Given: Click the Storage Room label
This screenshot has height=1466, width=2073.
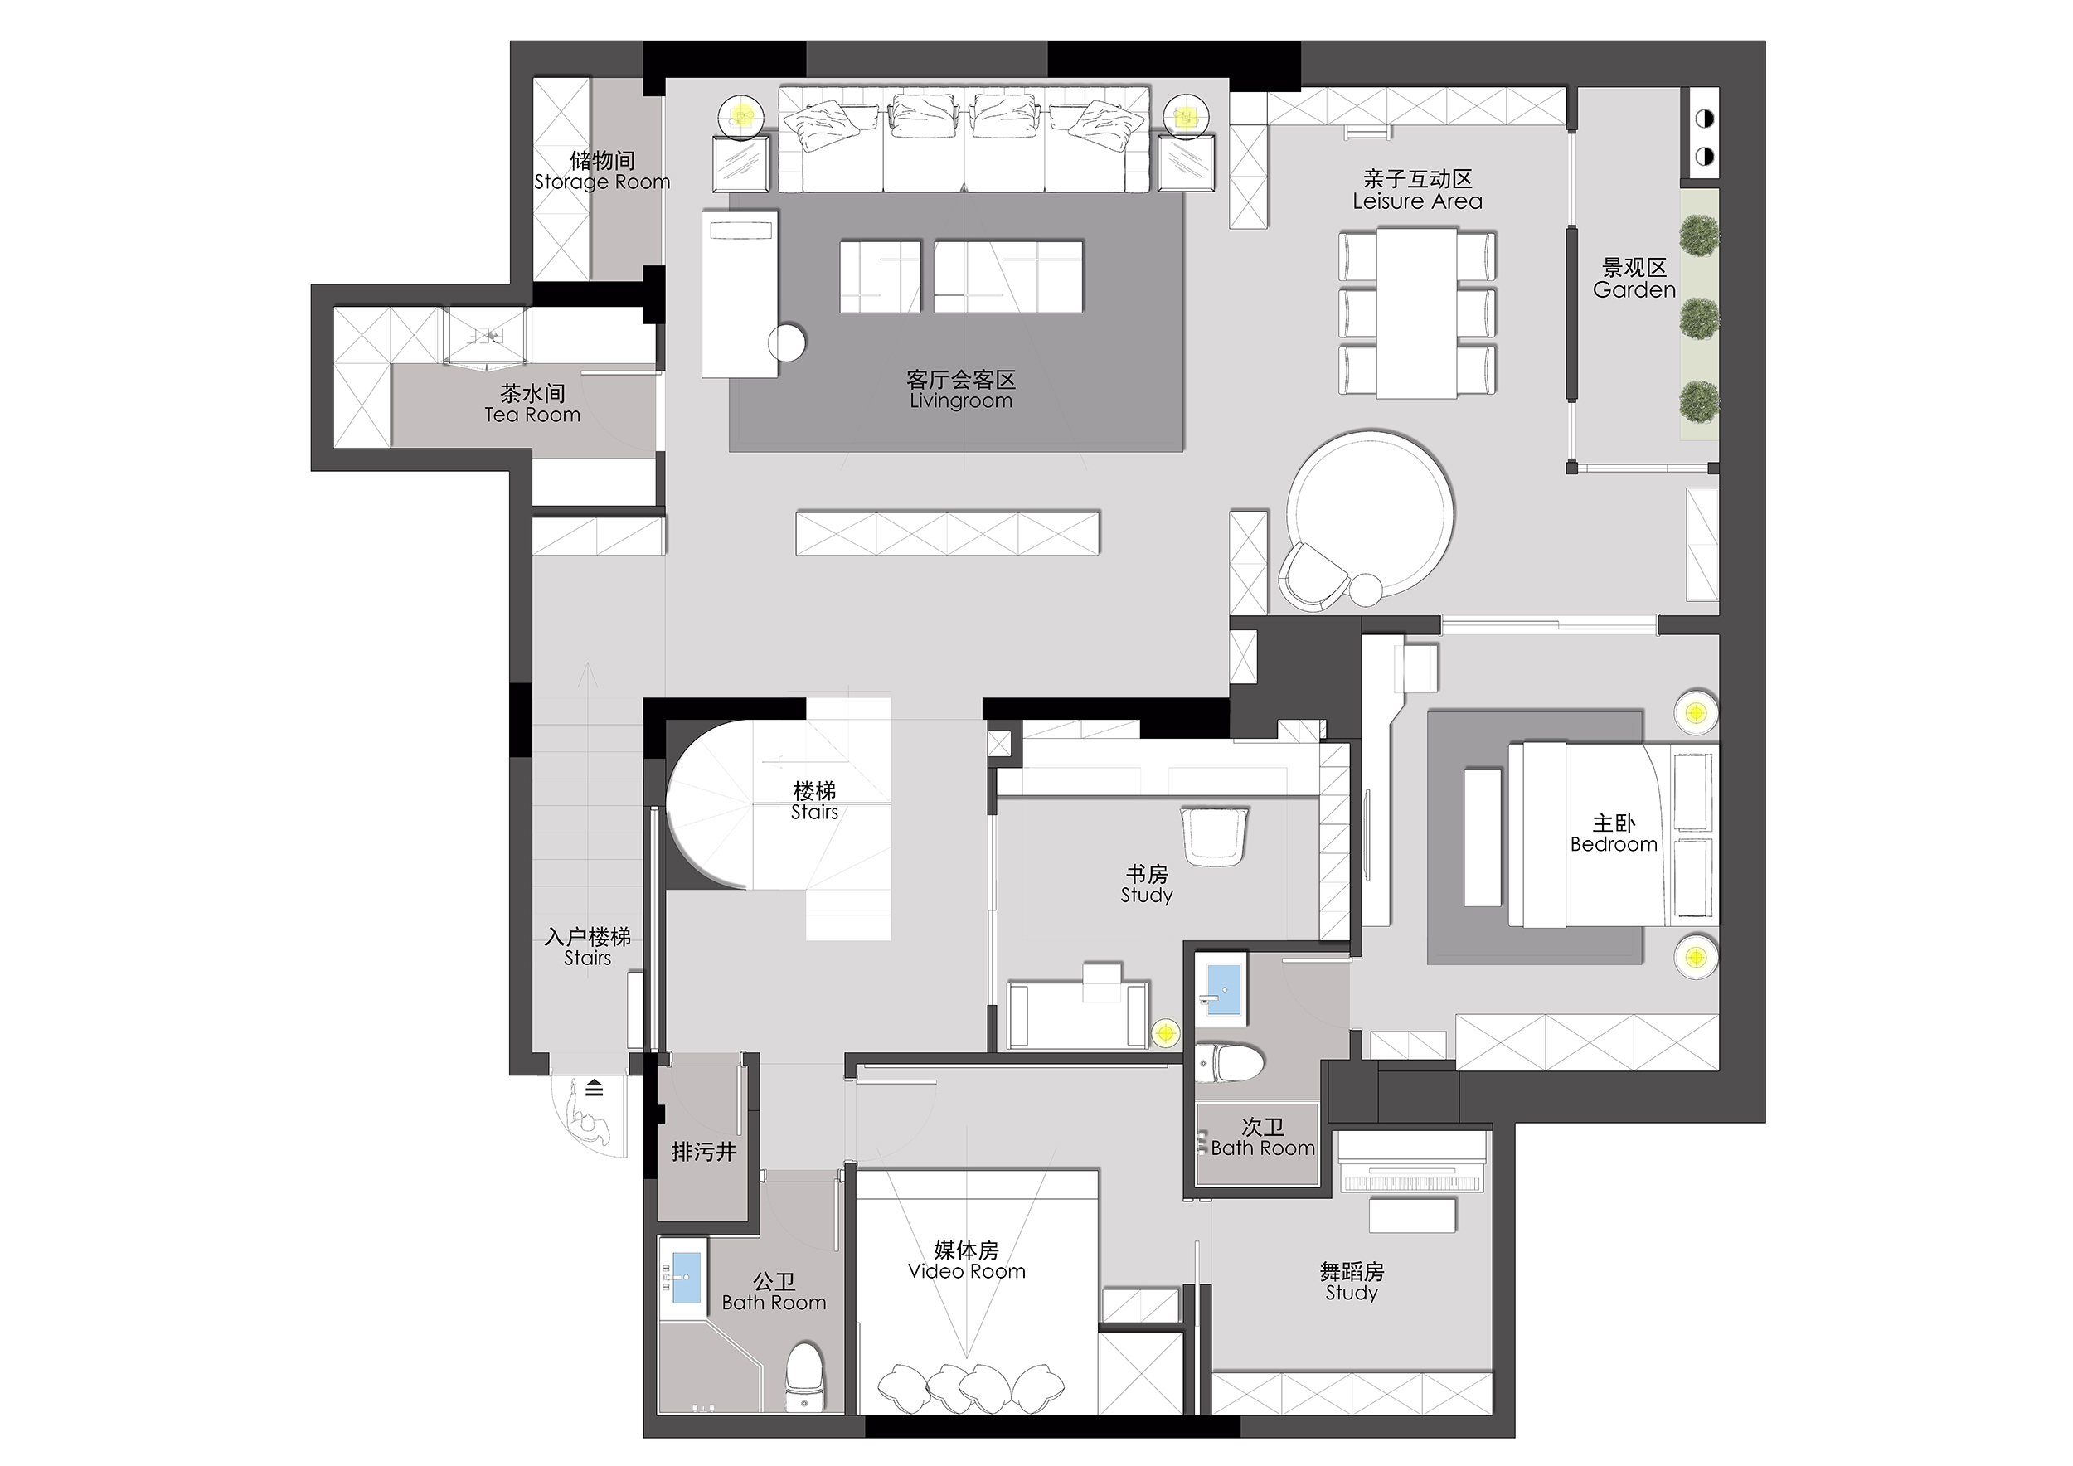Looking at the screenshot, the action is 602,182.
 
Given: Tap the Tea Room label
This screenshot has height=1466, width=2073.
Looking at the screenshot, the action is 532,415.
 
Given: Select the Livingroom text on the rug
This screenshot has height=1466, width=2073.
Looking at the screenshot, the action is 961,400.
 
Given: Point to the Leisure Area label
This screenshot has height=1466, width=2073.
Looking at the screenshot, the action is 1417,201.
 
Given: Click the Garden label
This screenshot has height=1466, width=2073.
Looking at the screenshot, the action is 1634,289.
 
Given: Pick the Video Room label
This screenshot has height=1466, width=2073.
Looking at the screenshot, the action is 966,1271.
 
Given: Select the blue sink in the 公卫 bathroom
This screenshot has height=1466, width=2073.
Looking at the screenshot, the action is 687,1276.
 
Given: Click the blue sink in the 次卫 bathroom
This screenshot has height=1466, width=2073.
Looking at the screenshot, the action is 1223,991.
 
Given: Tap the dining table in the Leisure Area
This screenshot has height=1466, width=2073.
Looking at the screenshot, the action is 1416,313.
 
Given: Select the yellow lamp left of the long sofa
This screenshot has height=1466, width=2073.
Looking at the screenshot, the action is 742,116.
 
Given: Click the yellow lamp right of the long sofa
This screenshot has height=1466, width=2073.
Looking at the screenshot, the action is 1183,116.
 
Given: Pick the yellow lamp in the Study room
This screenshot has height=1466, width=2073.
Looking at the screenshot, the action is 1166,1032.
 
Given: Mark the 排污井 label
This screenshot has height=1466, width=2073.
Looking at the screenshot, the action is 704,1152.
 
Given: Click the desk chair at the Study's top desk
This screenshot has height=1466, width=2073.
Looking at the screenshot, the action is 1216,835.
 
